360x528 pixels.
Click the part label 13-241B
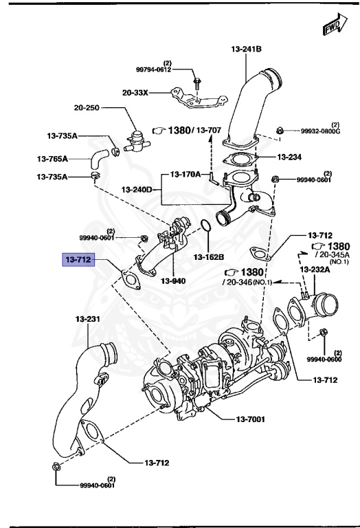click(246, 49)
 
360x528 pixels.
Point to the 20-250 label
click(89, 108)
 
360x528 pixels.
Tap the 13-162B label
click(208, 256)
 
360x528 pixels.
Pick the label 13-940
click(173, 280)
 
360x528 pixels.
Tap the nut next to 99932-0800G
click(279, 130)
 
